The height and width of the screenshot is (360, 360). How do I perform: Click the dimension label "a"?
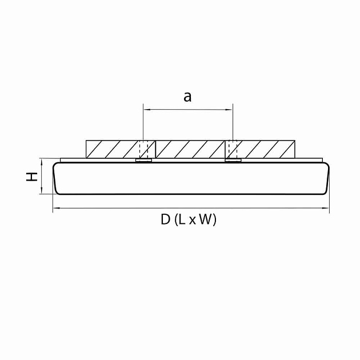[x=187, y=97]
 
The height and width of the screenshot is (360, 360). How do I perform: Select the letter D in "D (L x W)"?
[x=165, y=219]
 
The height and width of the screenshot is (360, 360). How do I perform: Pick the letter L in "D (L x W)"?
[x=181, y=219]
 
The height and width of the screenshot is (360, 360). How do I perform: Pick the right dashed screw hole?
[x=233, y=149]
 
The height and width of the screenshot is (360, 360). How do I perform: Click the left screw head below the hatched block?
[x=143, y=160]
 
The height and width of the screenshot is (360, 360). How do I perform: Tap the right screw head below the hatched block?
[x=233, y=160]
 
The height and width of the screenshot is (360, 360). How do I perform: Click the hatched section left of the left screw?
[x=112, y=149]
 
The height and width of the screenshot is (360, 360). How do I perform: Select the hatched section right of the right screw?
[x=267, y=149]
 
